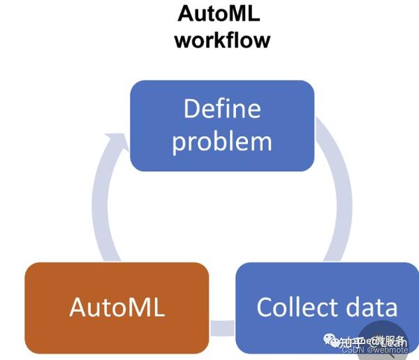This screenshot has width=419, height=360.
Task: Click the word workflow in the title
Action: (222, 39)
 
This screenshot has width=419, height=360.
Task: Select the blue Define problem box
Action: (222, 126)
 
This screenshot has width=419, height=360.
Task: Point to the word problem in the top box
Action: (222, 142)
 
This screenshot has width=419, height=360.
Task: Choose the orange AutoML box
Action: (117, 307)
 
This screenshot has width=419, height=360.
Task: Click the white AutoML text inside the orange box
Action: (117, 308)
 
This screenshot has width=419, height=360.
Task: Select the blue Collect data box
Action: (327, 307)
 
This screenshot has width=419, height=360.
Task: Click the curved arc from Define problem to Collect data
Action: (339, 188)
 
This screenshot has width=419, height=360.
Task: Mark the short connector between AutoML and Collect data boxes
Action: (222, 325)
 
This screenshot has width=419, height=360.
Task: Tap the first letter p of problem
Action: (179, 144)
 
